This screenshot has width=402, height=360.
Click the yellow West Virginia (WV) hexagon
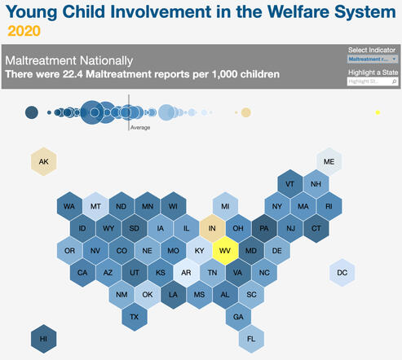coord(224,251)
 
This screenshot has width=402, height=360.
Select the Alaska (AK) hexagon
coord(44,162)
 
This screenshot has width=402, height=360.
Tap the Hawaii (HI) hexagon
coord(44,337)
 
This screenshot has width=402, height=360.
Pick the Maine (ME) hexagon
coord(329,162)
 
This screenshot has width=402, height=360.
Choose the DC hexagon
coord(342,273)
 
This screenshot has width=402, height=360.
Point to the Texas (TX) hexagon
coord(135,316)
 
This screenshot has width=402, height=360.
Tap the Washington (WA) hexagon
coord(70,207)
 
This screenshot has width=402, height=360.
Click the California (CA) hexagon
coord(82,273)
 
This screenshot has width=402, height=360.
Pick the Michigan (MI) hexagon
coord(225,207)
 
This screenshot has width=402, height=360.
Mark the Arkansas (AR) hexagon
coord(187,273)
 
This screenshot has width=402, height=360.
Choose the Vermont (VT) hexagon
coord(289,184)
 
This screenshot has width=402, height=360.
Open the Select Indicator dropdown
coord(373,59)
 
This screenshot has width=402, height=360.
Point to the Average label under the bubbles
coord(139,127)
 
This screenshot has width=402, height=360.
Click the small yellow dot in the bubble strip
coord(378,112)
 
